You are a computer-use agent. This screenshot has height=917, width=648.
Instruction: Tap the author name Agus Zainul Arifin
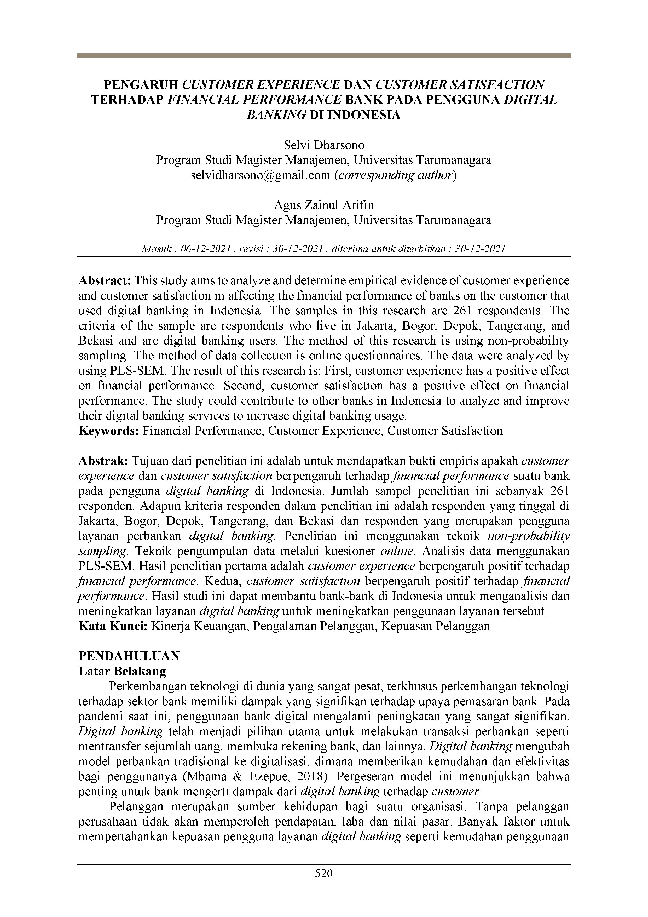click(x=324, y=205)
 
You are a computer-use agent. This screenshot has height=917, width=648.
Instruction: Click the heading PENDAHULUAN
click(x=129, y=656)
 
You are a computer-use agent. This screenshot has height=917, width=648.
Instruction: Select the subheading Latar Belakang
click(x=122, y=671)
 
